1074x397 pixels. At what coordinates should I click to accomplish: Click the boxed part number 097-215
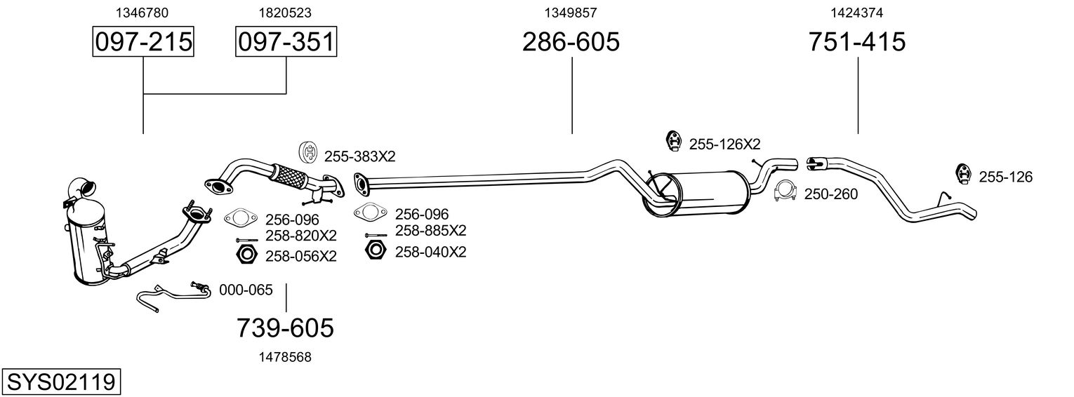click(143, 42)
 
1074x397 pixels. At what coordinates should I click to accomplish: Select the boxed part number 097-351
click(286, 42)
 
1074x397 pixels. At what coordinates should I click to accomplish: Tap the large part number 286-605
click(571, 42)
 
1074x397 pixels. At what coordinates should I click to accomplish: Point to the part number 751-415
click(857, 42)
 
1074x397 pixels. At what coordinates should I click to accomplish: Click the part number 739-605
click(285, 328)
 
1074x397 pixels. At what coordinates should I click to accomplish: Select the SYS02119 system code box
click(61, 382)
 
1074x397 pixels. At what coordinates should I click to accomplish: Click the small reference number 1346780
click(143, 13)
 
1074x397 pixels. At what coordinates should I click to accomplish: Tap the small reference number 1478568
click(285, 357)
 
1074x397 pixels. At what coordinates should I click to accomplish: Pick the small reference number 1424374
click(857, 13)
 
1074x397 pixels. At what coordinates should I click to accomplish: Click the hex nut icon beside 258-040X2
click(376, 249)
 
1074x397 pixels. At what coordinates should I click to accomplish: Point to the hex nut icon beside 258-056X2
click(246, 254)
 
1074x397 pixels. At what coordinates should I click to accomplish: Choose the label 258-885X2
click(430, 230)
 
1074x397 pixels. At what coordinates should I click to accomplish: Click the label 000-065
click(246, 289)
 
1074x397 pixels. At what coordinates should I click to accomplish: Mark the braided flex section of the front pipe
click(289, 175)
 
